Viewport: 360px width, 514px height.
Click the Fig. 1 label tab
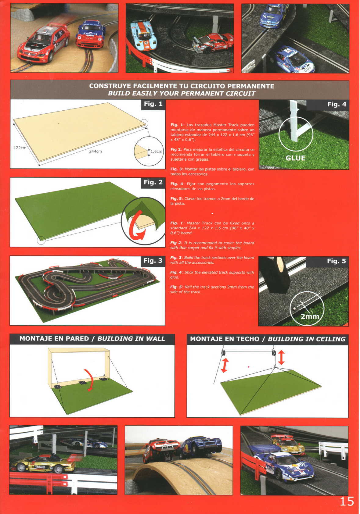point(153,104)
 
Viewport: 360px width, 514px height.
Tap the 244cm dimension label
point(95,152)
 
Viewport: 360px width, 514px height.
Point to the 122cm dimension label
point(20,148)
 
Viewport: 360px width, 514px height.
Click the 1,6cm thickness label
point(157,151)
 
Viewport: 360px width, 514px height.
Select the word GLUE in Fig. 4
point(295,158)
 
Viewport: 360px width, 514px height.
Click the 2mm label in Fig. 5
point(310,316)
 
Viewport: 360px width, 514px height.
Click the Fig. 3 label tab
point(153,261)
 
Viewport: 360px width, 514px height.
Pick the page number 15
point(347,501)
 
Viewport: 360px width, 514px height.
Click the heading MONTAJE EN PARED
point(54,339)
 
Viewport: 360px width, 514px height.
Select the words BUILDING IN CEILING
point(306,339)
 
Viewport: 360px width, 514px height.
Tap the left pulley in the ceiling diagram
point(223,353)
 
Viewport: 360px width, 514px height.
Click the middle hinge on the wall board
point(82,383)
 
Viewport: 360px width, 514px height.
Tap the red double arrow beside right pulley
point(281,357)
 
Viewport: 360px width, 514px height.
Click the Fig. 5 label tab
point(337,261)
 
